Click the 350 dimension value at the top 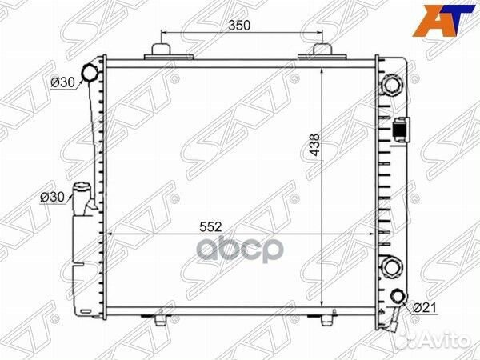coord(239,26)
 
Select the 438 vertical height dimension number coord(314,145)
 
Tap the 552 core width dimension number coord(210,227)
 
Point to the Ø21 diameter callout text coord(425,308)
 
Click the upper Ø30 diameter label coord(62,82)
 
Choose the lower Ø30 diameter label coord(52,197)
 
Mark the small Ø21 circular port coord(399,296)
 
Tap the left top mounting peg coord(161,51)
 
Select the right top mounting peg coord(322,51)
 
